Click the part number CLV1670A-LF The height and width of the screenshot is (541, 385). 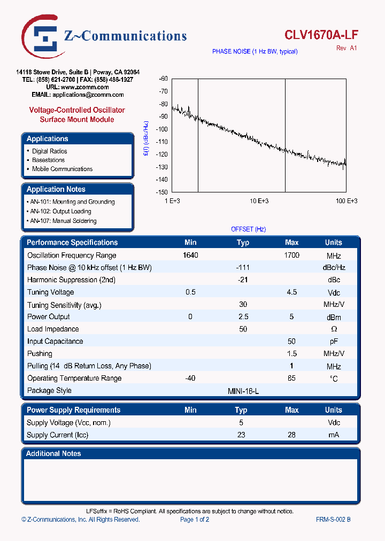tap(321, 35)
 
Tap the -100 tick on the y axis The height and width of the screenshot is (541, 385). tap(162, 129)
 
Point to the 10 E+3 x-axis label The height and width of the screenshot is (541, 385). tap(259, 201)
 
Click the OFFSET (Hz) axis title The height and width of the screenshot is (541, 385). tap(248, 229)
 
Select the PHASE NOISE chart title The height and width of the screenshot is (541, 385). tap(255, 51)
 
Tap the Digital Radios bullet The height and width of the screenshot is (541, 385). tap(49, 151)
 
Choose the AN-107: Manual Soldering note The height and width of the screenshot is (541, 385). tap(63, 221)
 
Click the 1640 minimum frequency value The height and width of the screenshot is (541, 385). tap(190, 256)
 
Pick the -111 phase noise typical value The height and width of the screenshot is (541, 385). tap(243, 267)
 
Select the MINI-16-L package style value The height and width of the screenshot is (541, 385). tap(243, 391)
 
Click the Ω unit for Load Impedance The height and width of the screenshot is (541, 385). tap(334, 329)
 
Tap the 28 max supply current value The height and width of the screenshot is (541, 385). tap(291, 435)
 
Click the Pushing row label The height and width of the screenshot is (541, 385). tap(40, 354)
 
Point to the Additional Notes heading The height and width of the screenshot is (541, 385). tap(53, 453)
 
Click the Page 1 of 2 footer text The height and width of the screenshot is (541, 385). tap(195, 520)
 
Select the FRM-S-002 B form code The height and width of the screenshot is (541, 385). tap(333, 520)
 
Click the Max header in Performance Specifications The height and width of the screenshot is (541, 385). tap(291, 243)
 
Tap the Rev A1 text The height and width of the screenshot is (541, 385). tap(346, 48)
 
